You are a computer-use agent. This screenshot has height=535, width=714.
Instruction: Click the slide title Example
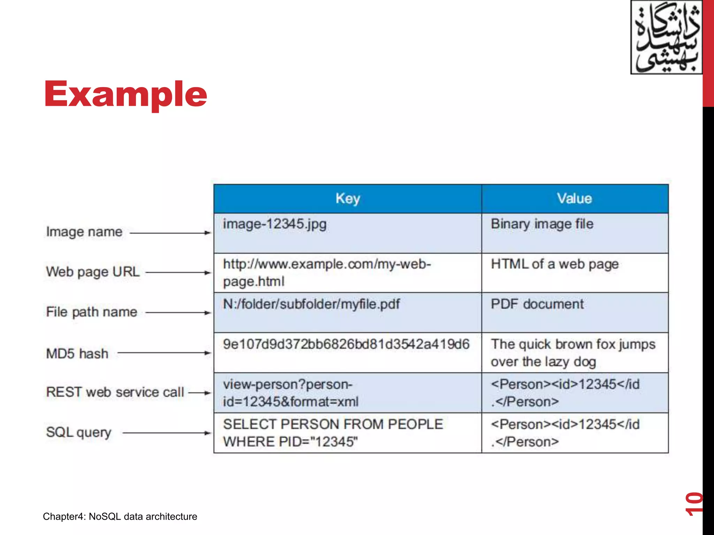(126, 94)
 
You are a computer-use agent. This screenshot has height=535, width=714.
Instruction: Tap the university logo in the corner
(666, 37)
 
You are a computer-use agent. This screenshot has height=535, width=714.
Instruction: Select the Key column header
(348, 199)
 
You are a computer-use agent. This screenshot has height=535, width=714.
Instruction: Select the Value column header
(575, 199)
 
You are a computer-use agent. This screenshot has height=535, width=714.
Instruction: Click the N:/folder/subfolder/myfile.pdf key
(311, 304)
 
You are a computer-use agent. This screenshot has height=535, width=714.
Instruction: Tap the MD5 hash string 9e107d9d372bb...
(346, 344)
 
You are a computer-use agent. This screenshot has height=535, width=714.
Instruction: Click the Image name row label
(84, 232)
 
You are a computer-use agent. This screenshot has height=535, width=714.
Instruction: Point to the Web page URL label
(93, 272)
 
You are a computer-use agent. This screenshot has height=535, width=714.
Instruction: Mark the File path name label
(92, 312)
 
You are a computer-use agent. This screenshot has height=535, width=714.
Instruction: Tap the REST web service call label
(115, 392)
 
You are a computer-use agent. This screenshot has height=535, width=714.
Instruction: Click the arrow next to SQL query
(167, 433)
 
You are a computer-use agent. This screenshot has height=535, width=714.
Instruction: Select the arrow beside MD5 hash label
(164, 353)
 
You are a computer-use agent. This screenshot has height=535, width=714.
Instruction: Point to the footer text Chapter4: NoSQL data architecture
(120, 516)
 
